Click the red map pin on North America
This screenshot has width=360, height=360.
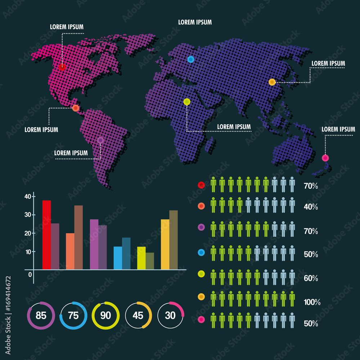pos(62,67)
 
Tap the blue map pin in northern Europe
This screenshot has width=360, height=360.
pos(190,59)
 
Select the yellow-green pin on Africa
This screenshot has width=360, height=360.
pos(186,102)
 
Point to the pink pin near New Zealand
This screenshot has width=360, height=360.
pos(325,158)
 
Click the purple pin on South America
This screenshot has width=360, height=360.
pos(100,140)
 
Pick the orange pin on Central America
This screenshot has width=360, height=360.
pos(76,108)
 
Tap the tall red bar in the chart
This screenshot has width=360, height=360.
pos(46,235)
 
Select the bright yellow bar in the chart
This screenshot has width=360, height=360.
pos(165,244)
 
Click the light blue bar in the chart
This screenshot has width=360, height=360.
pos(118,258)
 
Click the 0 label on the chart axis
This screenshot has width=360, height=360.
pos(30,275)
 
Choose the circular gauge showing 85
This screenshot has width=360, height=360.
pos(41,316)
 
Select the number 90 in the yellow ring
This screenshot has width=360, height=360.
pos(105,316)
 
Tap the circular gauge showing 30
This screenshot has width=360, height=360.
pos(170,316)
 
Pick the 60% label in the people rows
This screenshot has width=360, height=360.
pos(311,278)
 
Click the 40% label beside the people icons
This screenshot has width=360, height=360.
pos(311,207)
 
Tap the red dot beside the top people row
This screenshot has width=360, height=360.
pos(201,185)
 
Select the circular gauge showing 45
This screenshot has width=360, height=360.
pos(138,316)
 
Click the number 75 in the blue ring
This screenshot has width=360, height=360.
pos(73,316)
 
